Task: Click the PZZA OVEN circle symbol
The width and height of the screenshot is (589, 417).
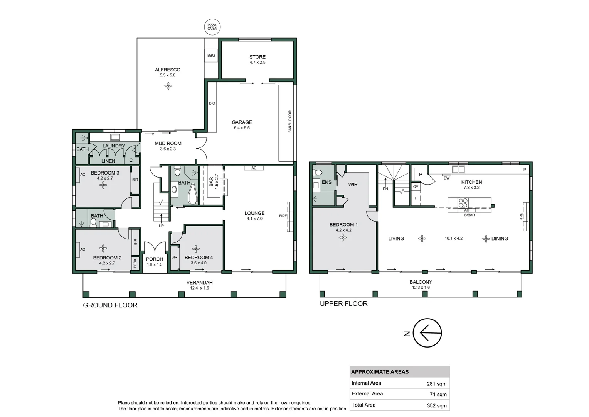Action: [x=212, y=27]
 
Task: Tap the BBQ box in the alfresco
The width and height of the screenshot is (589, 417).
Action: [x=211, y=56]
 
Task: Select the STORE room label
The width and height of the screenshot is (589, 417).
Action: [x=257, y=57]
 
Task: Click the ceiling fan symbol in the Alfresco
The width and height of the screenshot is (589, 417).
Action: [x=168, y=86]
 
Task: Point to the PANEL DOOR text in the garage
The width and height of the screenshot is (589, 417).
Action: [x=290, y=122]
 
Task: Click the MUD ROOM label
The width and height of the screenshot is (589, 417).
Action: [x=168, y=143]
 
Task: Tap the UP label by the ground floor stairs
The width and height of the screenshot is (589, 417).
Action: [x=161, y=226]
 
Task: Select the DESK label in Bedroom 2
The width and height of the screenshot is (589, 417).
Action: [x=135, y=263]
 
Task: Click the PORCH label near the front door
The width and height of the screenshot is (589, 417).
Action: [x=155, y=259]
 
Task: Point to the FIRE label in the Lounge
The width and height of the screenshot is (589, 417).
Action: [x=283, y=216]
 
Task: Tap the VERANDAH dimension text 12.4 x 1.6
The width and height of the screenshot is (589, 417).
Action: [x=199, y=288]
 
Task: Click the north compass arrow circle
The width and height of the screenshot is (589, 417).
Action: [x=427, y=333]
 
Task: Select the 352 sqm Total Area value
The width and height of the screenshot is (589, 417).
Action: [x=436, y=405]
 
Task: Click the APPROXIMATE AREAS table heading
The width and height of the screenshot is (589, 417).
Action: [x=380, y=372]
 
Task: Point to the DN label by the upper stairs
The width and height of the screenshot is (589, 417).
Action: [x=385, y=189]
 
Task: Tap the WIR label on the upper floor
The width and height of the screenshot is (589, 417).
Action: [x=353, y=185]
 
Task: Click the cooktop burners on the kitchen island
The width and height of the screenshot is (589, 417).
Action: [x=463, y=203]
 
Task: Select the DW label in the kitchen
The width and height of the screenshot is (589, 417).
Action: [x=446, y=178]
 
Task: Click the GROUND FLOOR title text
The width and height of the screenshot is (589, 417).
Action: [x=110, y=305]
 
